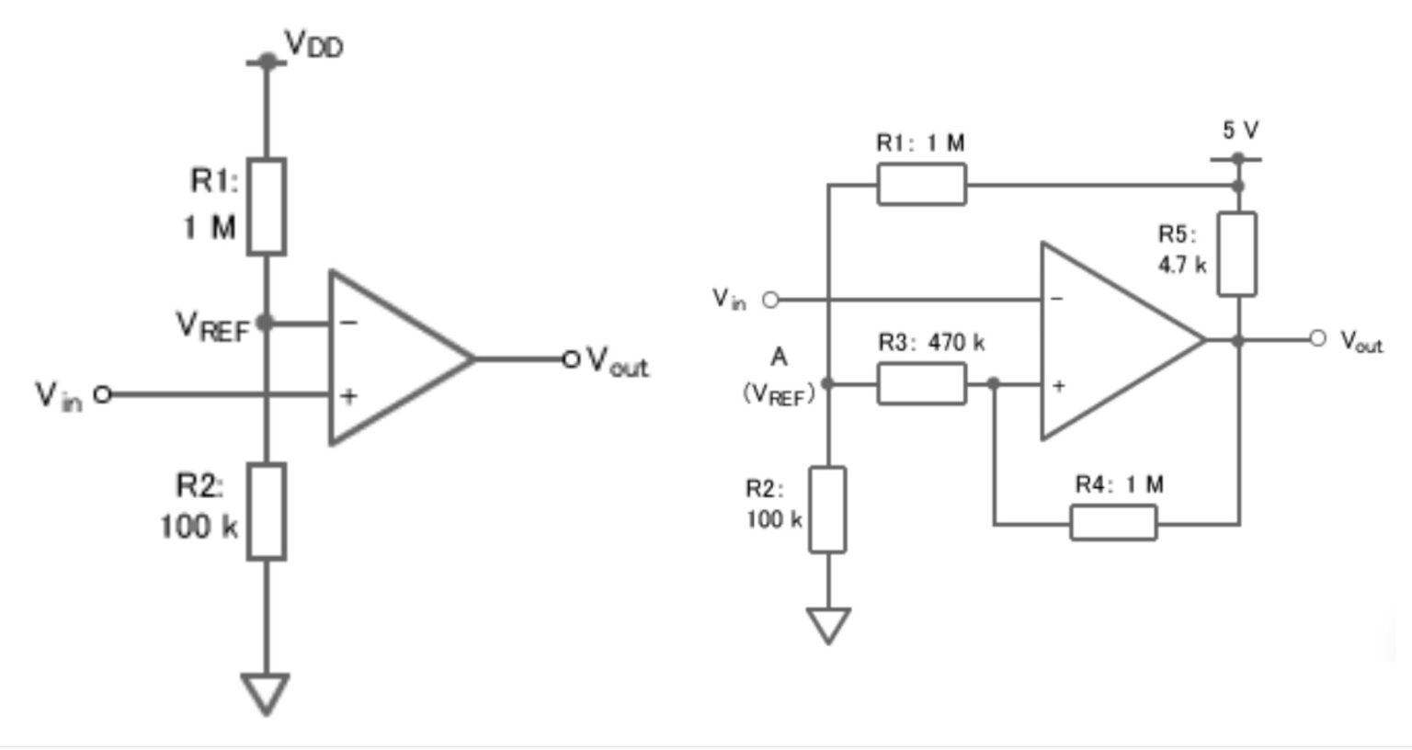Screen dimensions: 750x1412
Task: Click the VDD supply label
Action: pyautogui.click(x=313, y=44)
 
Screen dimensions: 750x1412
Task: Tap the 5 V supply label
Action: pyautogui.click(x=1240, y=131)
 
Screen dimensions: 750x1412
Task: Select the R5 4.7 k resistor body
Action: pyautogui.click(x=1236, y=255)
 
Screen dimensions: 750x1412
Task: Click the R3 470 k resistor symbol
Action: pyautogui.click(x=921, y=383)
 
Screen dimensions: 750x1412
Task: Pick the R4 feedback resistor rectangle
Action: pyautogui.click(x=1113, y=523)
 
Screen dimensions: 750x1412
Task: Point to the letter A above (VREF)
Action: pyautogui.click(x=779, y=358)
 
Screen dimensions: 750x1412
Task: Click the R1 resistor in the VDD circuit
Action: pyautogui.click(x=267, y=207)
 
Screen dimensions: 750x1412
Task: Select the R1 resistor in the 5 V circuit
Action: pyautogui.click(x=921, y=185)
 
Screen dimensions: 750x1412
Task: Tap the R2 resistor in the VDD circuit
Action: pyautogui.click(x=267, y=512)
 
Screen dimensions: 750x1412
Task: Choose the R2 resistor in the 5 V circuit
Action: pyautogui.click(x=827, y=510)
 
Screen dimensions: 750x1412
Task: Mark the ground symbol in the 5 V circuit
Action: pyautogui.click(x=827, y=625)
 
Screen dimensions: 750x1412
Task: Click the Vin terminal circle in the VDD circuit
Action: pyautogui.click(x=103, y=394)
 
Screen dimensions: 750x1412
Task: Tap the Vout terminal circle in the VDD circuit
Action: pyautogui.click(x=571, y=358)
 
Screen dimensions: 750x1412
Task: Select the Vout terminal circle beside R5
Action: pyautogui.click(x=1317, y=339)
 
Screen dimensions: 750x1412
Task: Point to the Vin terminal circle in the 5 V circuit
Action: pyautogui.click(x=770, y=300)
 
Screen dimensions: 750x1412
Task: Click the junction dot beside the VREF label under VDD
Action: pyautogui.click(x=266, y=323)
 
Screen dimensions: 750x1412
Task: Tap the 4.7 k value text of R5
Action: pyautogui.click(x=1181, y=265)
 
